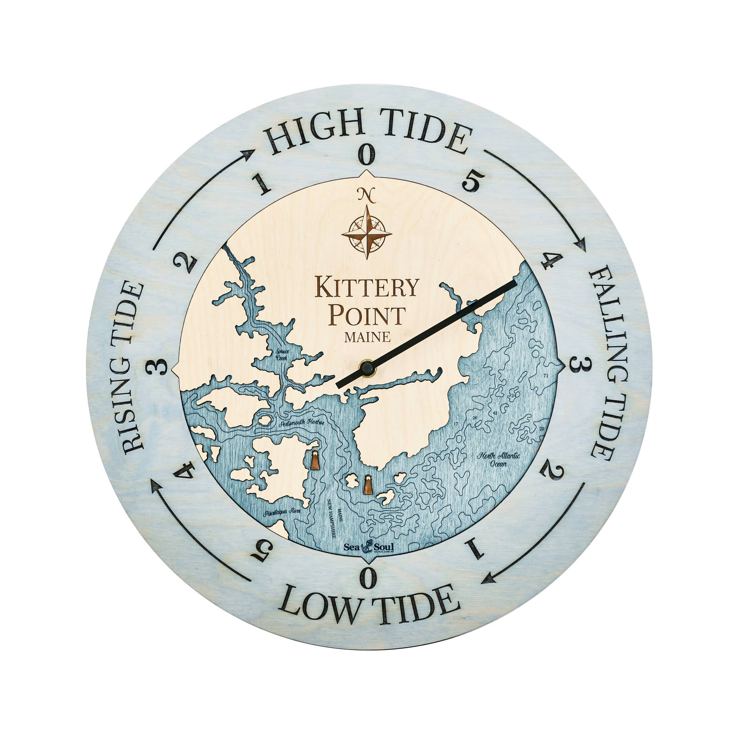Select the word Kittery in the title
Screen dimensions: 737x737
coord(367,288)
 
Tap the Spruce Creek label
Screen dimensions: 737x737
coord(283,355)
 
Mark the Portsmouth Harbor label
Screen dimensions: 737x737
coord(301,423)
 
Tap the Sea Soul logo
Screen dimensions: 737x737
coord(368,546)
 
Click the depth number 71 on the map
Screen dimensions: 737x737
coord(546,376)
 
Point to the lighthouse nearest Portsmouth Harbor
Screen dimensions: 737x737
coord(315,461)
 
